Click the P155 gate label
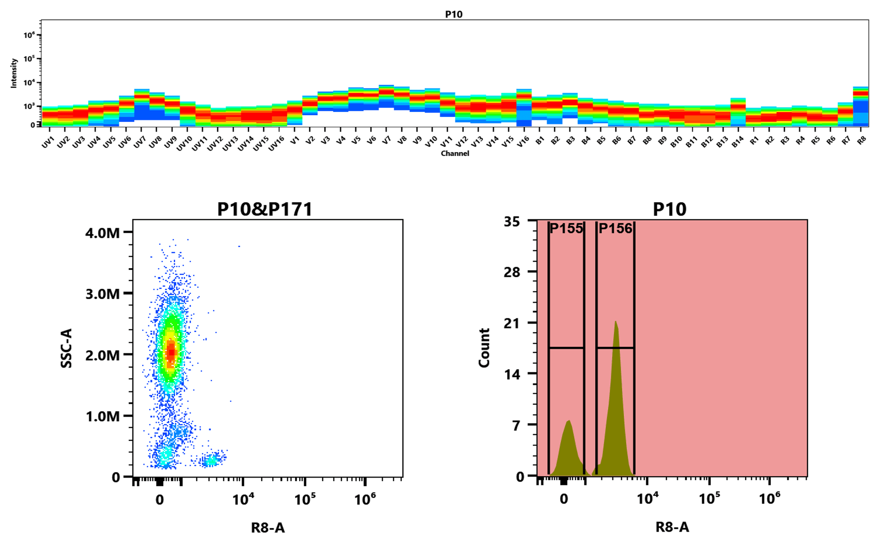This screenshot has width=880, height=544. point(566,228)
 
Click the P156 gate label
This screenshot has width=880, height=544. point(615,228)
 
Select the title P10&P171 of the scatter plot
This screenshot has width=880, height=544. point(264,209)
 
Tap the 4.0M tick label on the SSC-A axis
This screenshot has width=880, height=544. point(102,233)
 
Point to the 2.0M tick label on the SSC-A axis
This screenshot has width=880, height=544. point(102,355)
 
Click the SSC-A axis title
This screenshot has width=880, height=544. point(67,348)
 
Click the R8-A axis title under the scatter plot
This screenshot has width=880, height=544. point(268,528)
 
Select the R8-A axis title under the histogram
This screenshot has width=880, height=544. point(672,527)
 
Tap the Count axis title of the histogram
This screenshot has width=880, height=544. point(484,348)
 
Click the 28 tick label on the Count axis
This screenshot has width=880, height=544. point(512,272)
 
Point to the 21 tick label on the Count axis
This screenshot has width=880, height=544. point(512,324)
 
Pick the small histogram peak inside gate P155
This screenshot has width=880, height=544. point(568,422)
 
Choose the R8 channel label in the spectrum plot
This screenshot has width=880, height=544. point(861,141)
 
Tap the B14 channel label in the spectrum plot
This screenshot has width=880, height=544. point(737,143)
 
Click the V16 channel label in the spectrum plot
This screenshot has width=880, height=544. point(522,143)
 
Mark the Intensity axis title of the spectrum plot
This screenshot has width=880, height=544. point(14,73)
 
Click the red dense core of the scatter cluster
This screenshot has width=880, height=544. point(171,352)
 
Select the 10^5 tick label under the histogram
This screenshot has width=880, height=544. point(709,499)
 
